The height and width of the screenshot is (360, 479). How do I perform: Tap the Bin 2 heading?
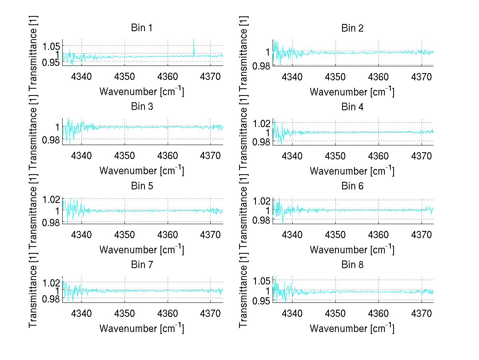(352, 28)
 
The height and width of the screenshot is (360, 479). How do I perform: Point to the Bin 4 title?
(352, 107)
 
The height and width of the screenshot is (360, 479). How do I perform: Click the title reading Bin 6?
(352, 186)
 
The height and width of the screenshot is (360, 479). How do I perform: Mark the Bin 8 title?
(352, 265)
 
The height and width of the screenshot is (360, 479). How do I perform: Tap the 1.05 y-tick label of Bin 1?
(51, 46)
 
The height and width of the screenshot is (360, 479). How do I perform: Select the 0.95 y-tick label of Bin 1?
(51, 62)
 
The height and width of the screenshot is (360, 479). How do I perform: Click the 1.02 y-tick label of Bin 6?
(261, 201)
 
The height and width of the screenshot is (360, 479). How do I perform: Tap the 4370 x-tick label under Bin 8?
(422, 313)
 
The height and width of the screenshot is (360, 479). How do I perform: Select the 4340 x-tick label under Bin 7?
(82, 313)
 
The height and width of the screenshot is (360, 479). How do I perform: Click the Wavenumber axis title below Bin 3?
(141, 170)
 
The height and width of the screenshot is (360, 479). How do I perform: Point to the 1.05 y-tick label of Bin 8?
(261, 280)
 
